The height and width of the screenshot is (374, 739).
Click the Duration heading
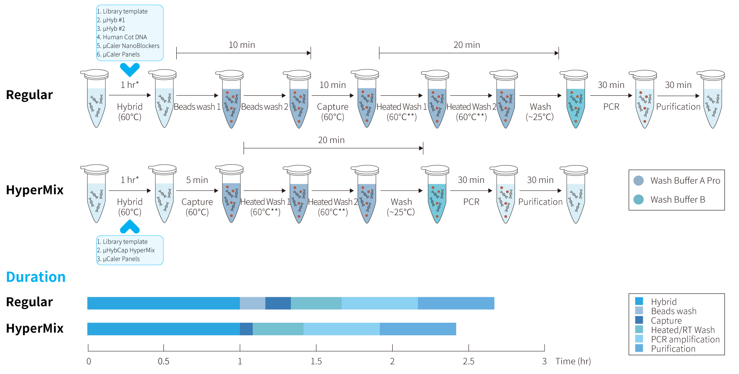pyautogui.click(x=36, y=277)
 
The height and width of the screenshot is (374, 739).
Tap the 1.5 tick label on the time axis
pyautogui.click(x=316, y=362)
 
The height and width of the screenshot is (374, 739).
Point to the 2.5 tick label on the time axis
pyautogui.click(x=469, y=362)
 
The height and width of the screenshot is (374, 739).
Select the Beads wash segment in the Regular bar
pyautogui.click(x=253, y=303)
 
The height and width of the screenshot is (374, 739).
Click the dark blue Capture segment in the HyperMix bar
pyautogui.click(x=246, y=329)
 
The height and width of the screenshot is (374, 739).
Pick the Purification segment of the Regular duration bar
pyautogui.click(x=456, y=303)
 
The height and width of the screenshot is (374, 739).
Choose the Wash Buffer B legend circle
pyautogui.click(x=639, y=200)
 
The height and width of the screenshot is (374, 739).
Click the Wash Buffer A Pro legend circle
pyautogui.click(x=639, y=181)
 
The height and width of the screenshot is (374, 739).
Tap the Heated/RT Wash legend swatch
pyautogui.click(x=639, y=329)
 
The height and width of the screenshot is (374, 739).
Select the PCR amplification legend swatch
pyautogui.click(x=639, y=339)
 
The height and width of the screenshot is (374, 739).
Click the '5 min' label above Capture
pyautogui.click(x=197, y=180)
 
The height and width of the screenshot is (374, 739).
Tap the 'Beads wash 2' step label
pyautogui.click(x=265, y=107)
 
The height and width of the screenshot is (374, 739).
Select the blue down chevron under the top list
pyautogui.click(x=130, y=70)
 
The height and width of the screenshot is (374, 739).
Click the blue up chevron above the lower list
pyautogui.click(x=130, y=226)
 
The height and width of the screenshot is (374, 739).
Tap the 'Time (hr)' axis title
pyautogui.click(x=573, y=362)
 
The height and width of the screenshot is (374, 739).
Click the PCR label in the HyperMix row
pyautogui.click(x=471, y=202)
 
